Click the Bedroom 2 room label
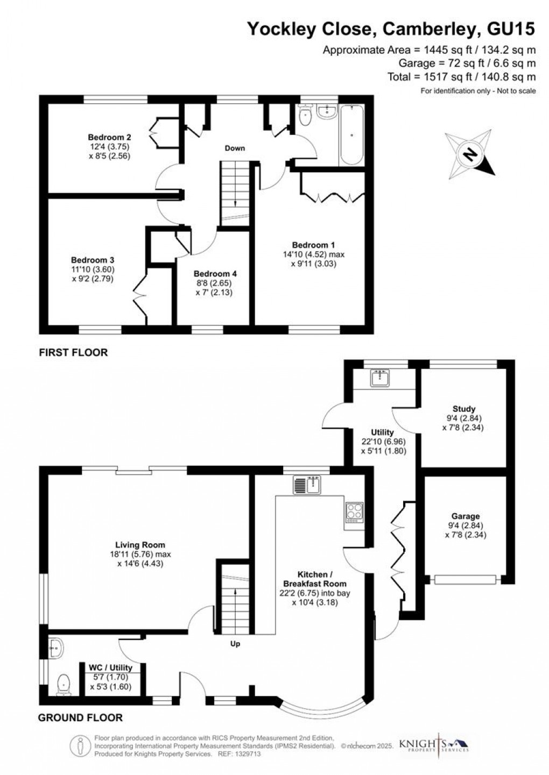[x=109, y=137]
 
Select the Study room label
[x=464, y=409]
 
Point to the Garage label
[x=466, y=516]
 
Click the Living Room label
[x=140, y=545]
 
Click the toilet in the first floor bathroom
[x=305, y=115]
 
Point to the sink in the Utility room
[x=383, y=379]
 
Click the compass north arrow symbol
[x=470, y=155]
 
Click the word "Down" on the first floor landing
[x=235, y=148]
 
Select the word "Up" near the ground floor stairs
[x=235, y=644]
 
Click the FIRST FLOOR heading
[x=73, y=353]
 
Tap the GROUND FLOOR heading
[x=80, y=717]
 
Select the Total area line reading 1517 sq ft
[x=461, y=77]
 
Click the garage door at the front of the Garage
[x=465, y=579]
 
